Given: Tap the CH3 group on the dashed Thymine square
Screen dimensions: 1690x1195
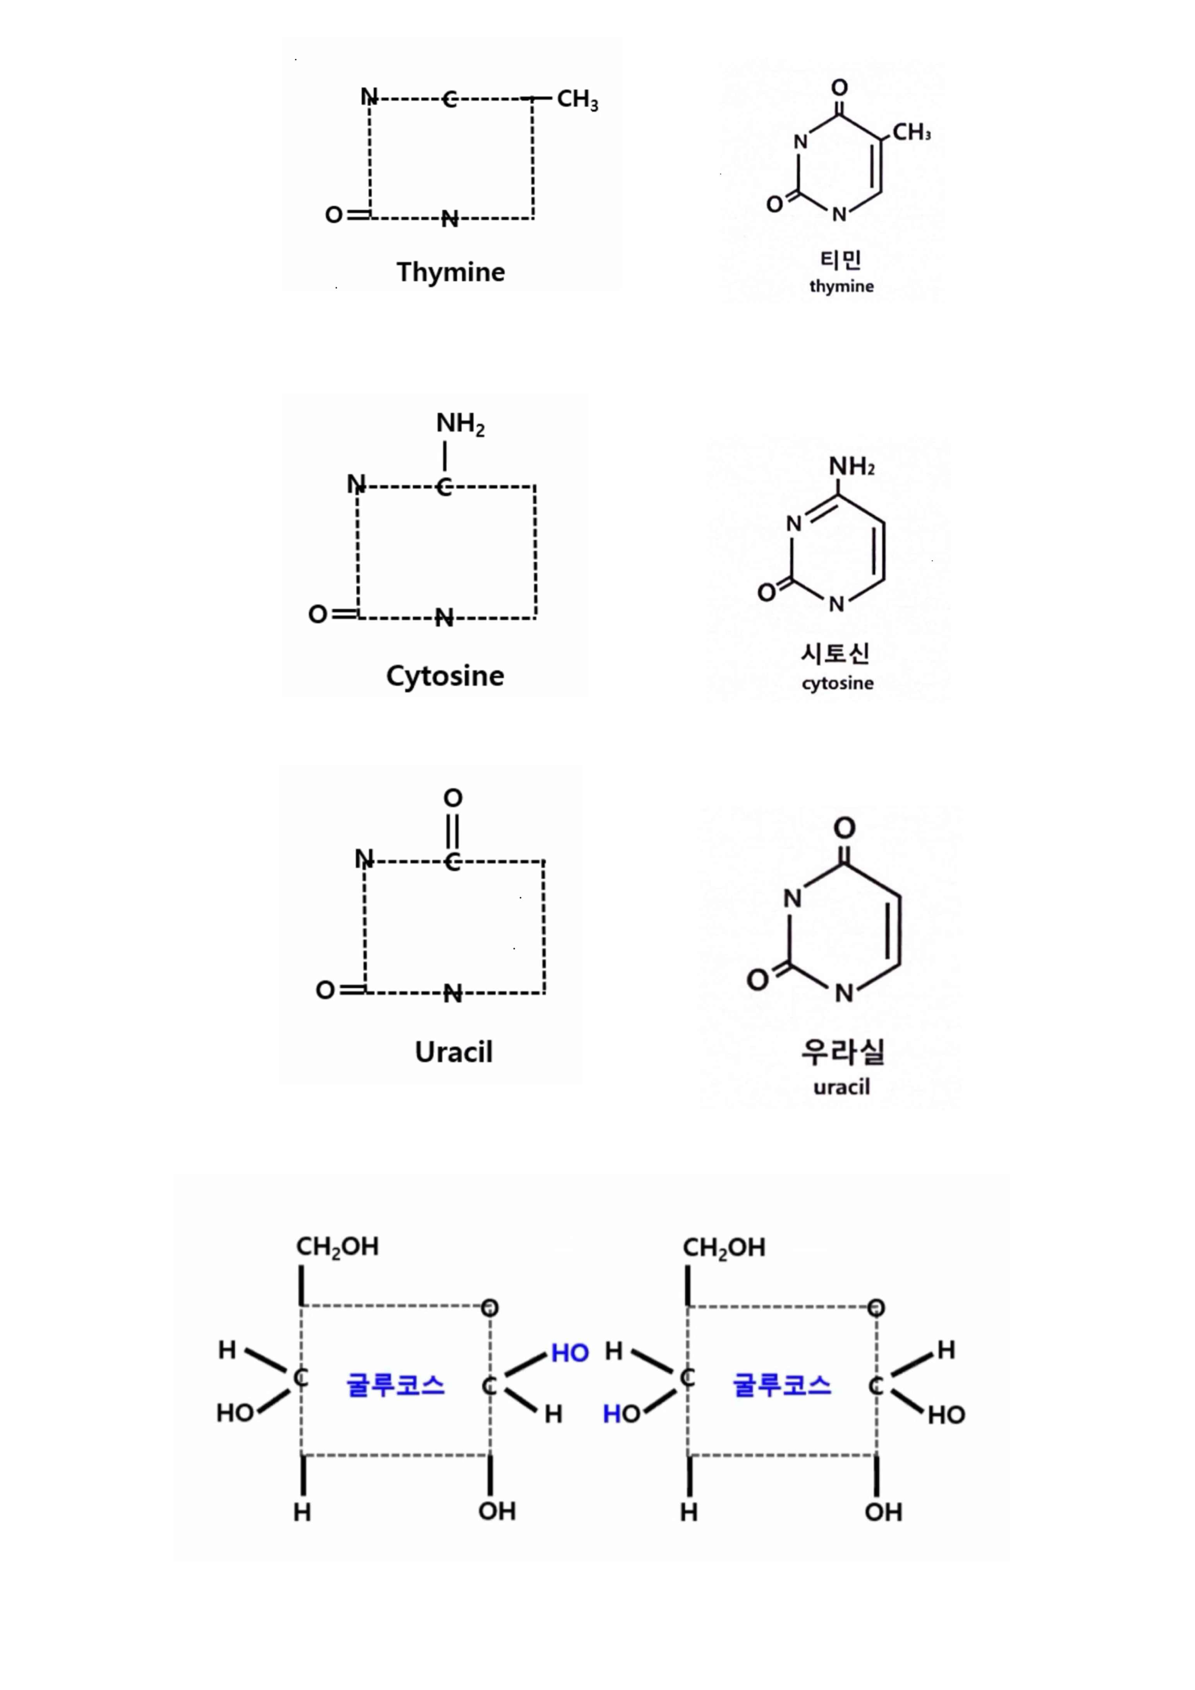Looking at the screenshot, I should pos(577,100).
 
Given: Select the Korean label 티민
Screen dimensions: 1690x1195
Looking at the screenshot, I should pos(840,259).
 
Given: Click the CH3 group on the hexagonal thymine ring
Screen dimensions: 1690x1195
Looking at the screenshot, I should pos(911,132).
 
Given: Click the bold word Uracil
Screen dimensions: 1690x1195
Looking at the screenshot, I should pos(453,1052).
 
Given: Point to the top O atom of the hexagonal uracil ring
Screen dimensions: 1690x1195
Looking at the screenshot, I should pos(844,828).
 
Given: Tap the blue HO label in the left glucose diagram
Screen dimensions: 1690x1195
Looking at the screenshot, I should pos(570,1353).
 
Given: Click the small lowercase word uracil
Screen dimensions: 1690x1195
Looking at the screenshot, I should pos(842,1087).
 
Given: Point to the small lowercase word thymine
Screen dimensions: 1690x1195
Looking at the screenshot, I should pos(841,286).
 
